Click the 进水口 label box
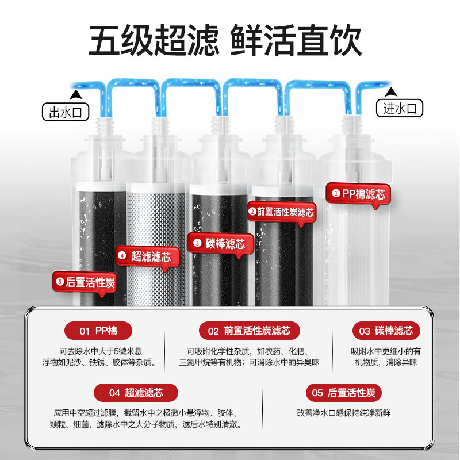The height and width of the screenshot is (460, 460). click(x=399, y=108)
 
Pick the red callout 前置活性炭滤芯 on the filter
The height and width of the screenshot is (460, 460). click(x=281, y=212)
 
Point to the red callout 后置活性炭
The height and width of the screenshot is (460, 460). click(x=86, y=282)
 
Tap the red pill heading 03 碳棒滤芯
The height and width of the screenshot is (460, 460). click(x=386, y=331)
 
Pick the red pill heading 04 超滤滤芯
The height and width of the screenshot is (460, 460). click(x=136, y=393)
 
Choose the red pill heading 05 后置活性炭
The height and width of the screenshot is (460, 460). click(x=343, y=393)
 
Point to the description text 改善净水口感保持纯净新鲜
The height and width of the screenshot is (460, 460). click(x=344, y=412)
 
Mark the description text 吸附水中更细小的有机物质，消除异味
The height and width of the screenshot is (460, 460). click(x=386, y=356)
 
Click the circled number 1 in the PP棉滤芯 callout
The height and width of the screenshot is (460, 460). click(x=336, y=194)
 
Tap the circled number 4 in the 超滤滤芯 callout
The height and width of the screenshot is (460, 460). click(x=122, y=256)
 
